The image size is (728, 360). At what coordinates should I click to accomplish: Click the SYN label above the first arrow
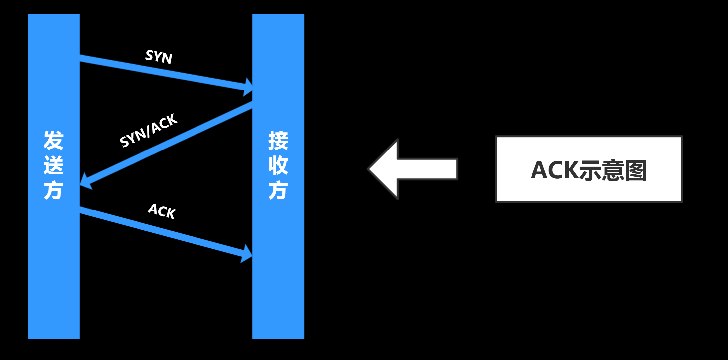click(x=159, y=57)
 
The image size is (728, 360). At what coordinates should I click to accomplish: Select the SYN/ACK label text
click(x=148, y=130)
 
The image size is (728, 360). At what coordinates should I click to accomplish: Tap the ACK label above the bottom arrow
click(x=162, y=211)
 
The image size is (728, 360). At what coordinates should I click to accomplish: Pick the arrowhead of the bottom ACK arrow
click(x=247, y=254)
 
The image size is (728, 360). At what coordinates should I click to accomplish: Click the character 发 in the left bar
click(x=53, y=140)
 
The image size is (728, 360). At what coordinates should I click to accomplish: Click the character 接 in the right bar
click(x=278, y=140)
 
